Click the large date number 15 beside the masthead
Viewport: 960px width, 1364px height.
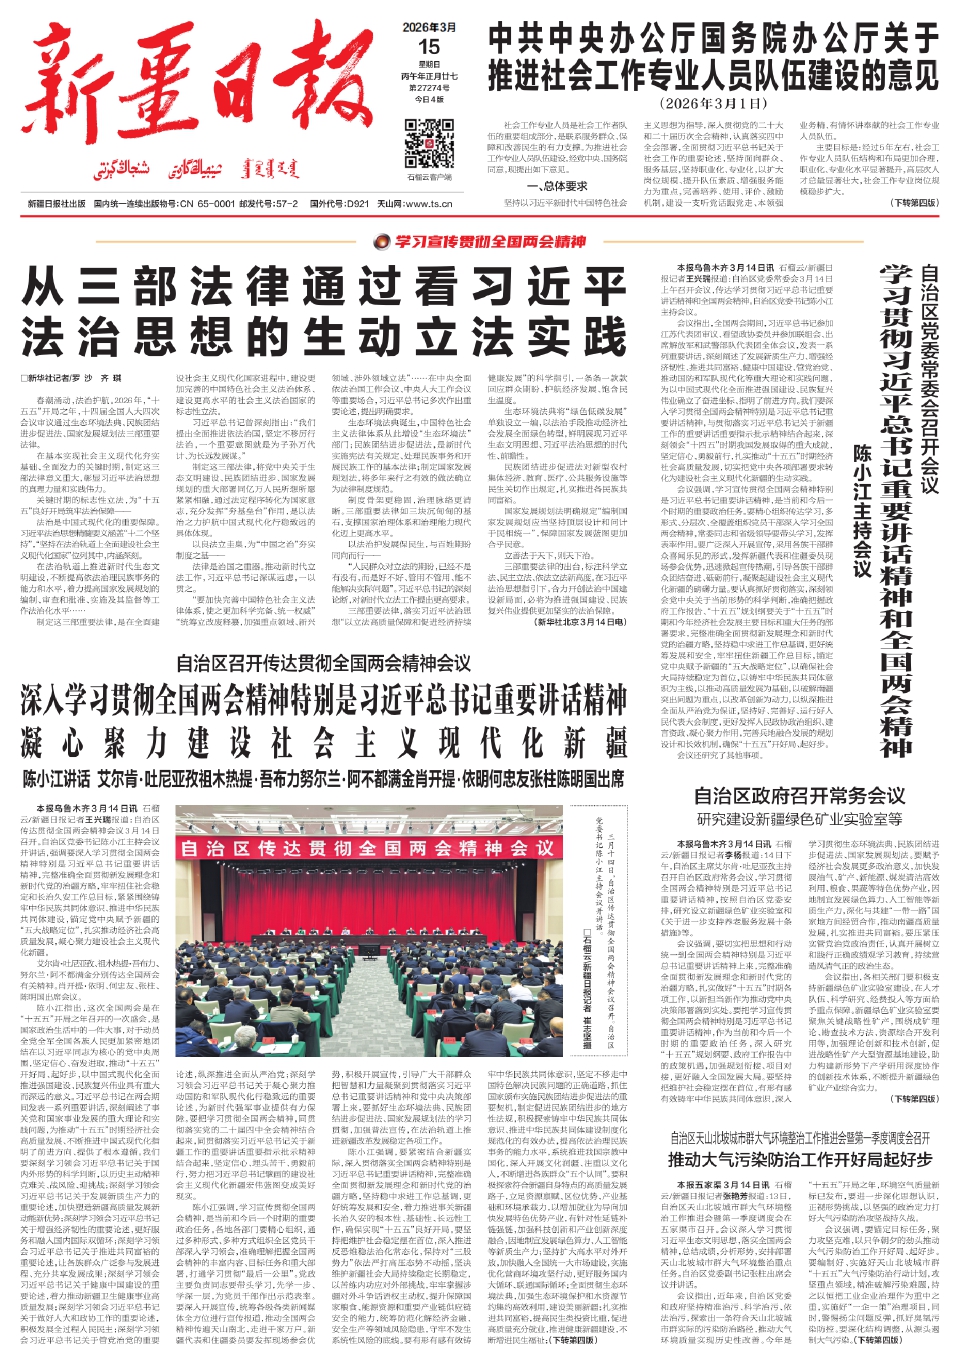(x=429, y=46)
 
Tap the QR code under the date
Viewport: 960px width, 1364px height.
(x=429, y=142)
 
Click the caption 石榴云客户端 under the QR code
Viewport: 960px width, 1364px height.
(x=429, y=177)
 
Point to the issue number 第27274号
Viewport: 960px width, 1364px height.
(x=429, y=88)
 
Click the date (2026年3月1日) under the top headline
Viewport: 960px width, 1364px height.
(x=712, y=103)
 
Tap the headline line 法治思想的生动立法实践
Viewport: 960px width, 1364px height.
(x=324, y=336)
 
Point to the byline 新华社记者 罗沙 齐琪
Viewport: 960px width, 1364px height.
(x=72, y=378)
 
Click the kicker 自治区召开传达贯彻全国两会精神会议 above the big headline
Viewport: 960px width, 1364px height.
(x=323, y=663)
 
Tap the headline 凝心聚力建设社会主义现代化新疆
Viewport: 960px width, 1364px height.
(x=323, y=743)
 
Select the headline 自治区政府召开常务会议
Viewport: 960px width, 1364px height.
(x=799, y=796)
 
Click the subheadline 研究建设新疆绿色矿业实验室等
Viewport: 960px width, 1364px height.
(x=799, y=819)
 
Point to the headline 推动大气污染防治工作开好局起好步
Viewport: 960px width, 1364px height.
(x=799, y=1159)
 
